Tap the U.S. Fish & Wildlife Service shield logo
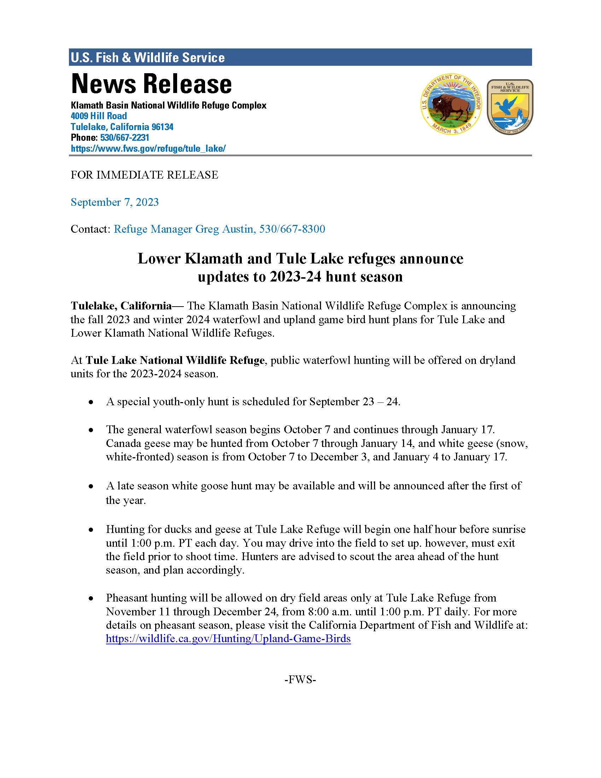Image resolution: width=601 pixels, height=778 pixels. tap(510, 106)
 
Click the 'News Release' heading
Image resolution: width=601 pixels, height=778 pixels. tap(151, 84)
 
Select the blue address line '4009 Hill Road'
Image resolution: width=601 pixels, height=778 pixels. tap(99, 116)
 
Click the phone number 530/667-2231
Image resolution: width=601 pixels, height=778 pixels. tap(124, 138)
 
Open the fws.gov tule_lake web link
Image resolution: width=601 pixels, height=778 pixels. tap(148, 149)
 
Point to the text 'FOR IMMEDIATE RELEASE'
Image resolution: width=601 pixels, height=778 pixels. tap(144, 175)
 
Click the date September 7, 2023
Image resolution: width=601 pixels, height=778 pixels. tap(115, 202)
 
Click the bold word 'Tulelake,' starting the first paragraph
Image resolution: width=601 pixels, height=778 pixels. tap(94, 306)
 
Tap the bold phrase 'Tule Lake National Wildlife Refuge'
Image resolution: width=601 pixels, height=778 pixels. tap(175, 360)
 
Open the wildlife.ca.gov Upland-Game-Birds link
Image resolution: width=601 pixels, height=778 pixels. tap(228, 639)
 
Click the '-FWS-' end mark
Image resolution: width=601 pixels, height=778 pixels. tap(300, 680)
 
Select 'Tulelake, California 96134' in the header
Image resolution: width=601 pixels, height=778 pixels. tap(122, 127)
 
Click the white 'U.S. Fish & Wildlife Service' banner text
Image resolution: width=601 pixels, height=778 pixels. tap(148, 58)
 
